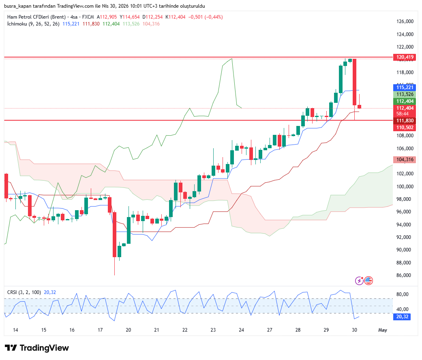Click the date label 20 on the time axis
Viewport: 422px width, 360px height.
pos(129,330)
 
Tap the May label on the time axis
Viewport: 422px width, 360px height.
pos(382,330)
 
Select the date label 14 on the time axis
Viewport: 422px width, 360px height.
pos(15,330)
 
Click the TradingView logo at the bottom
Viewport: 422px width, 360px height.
pos(37,348)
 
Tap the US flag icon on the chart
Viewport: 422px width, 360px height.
pos(368,280)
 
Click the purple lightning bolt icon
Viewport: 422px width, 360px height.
pos(359,280)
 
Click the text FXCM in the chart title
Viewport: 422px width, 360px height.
pos(88,17)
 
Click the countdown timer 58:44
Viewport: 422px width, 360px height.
pos(402,114)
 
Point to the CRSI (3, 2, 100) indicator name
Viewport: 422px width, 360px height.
pos(24,292)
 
